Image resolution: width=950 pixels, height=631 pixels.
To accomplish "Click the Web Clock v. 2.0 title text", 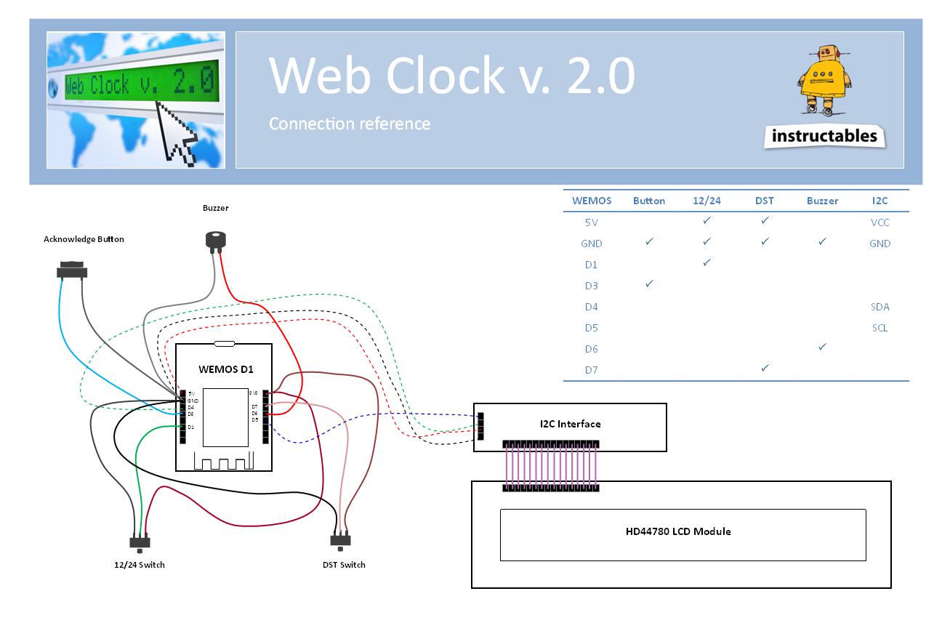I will pos(452,76).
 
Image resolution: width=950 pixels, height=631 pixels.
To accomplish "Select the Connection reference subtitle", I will pos(350,124).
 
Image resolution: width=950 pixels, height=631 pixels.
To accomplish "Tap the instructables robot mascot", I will pos(825,80).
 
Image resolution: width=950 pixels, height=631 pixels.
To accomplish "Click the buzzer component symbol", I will pos(215,240).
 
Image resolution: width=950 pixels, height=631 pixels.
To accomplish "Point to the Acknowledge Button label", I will pos(84,239).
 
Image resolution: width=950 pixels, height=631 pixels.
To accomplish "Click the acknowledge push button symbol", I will pos(71,270).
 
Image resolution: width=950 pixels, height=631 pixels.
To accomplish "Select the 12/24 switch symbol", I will pos(140,542).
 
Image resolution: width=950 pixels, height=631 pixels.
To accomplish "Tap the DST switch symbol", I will pos(340,541).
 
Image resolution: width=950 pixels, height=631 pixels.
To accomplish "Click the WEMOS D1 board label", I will pos(225,369).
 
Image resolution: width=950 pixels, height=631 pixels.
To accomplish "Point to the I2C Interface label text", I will pos(570,424).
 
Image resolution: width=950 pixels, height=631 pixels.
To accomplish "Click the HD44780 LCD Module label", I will pos(678,531).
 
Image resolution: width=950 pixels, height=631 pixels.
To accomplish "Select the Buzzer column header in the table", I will pos(822,201).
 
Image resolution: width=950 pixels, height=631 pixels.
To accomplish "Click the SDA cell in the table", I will pos(879,307).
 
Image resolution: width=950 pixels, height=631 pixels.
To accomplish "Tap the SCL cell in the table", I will pos(879,328).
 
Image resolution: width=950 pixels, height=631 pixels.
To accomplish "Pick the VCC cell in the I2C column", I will pos(879,222).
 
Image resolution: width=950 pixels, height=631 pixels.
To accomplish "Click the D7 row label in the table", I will pos(591,370).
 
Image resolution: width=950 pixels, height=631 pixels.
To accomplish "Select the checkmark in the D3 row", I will pos(649,284).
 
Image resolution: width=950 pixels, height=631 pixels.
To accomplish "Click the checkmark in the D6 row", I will pos(822,347).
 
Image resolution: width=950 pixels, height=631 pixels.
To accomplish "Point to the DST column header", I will pos(764,201).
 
